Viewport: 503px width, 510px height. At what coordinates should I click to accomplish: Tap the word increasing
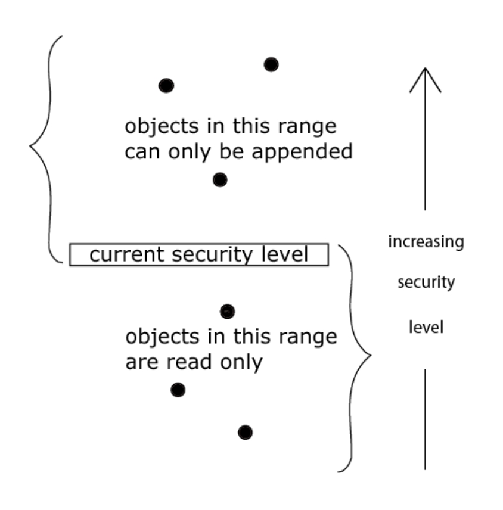pyautogui.click(x=426, y=243)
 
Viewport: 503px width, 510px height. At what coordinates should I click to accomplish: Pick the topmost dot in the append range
pyautogui.click(x=271, y=64)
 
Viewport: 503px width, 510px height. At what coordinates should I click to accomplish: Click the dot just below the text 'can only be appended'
pyautogui.click(x=220, y=179)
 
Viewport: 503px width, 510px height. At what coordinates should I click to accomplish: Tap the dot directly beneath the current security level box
pyautogui.click(x=227, y=311)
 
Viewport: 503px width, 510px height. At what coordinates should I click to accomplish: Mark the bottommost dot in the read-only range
pyautogui.click(x=245, y=433)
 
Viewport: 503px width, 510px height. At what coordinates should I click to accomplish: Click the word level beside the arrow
pyautogui.click(x=426, y=327)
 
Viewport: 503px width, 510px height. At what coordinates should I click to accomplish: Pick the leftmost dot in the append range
pyautogui.click(x=166, y=85)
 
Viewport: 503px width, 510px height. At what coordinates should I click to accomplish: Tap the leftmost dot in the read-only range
pyautogui.click(x=178, y=390)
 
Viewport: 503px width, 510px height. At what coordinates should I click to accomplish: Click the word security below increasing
pyautogui.click(x=426, y=283)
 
